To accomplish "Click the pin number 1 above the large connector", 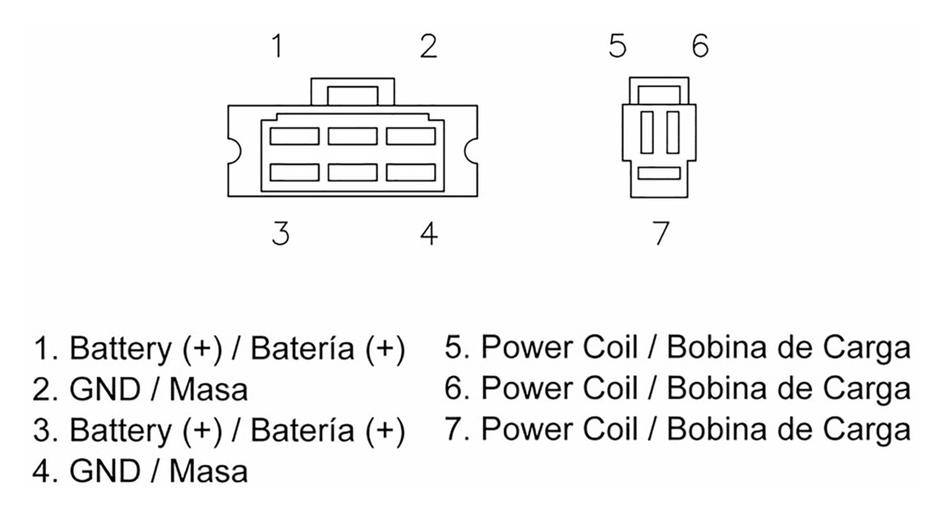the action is tap(278, 46).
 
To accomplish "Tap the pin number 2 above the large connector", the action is tap(428, 46).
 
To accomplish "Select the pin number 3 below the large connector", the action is tap(281, 233).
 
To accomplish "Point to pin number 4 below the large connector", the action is tap(428, 233).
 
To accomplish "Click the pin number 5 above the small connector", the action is tap(617, 46).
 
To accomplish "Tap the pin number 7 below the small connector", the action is tap(661, 233).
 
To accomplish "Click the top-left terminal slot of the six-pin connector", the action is tap(294, 136).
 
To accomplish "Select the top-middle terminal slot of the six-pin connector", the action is tap(352, 136).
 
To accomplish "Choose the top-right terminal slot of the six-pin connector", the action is tap(411, 136).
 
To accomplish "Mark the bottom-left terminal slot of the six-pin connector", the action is tap(294, 173).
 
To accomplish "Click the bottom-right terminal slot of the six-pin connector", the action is tap(411, 173).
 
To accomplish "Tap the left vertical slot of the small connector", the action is tap(647, 132).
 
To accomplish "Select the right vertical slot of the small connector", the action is tap(673, 132).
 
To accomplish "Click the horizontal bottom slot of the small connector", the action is tap(659, 173).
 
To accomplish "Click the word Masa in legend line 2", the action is tap(208, 389).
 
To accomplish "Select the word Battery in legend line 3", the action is tap(120, 431).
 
